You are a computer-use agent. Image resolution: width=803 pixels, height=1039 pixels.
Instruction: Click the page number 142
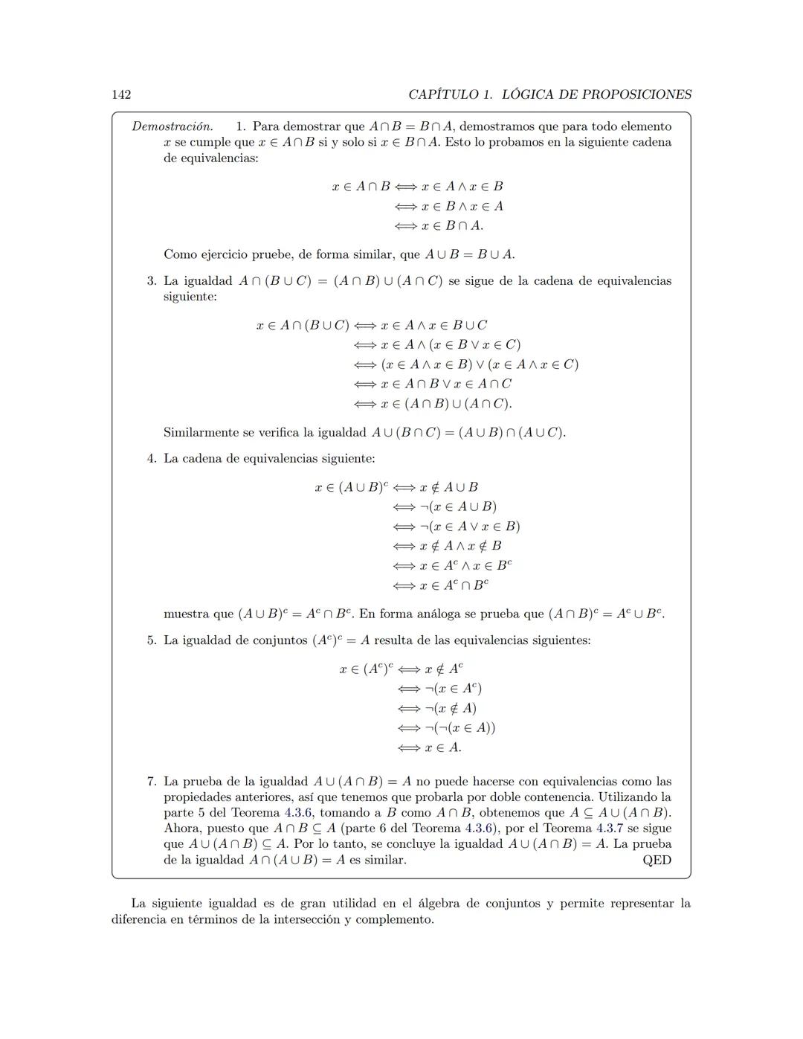(x=121, y=94)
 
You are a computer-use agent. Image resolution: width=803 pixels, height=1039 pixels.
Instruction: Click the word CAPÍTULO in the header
(x=443, y=94)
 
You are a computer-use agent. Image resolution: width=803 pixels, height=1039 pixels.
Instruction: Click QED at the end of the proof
(x=657, y=860)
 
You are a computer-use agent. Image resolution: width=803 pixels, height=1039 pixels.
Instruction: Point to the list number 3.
(x=151, y=281)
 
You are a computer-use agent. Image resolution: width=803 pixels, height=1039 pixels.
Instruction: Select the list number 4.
(x=151, y=458)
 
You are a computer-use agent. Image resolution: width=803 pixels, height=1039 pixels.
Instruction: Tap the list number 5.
(x=151, y=640)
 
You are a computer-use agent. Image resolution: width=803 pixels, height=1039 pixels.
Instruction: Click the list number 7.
(x=151, y=782)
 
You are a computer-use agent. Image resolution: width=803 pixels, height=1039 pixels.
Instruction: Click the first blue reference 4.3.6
(x=298, y=813)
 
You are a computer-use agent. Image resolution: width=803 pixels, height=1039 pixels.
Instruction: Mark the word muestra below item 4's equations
(x=187, y=614)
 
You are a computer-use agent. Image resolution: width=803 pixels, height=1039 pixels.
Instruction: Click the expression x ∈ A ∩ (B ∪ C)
(x=303, y=325)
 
